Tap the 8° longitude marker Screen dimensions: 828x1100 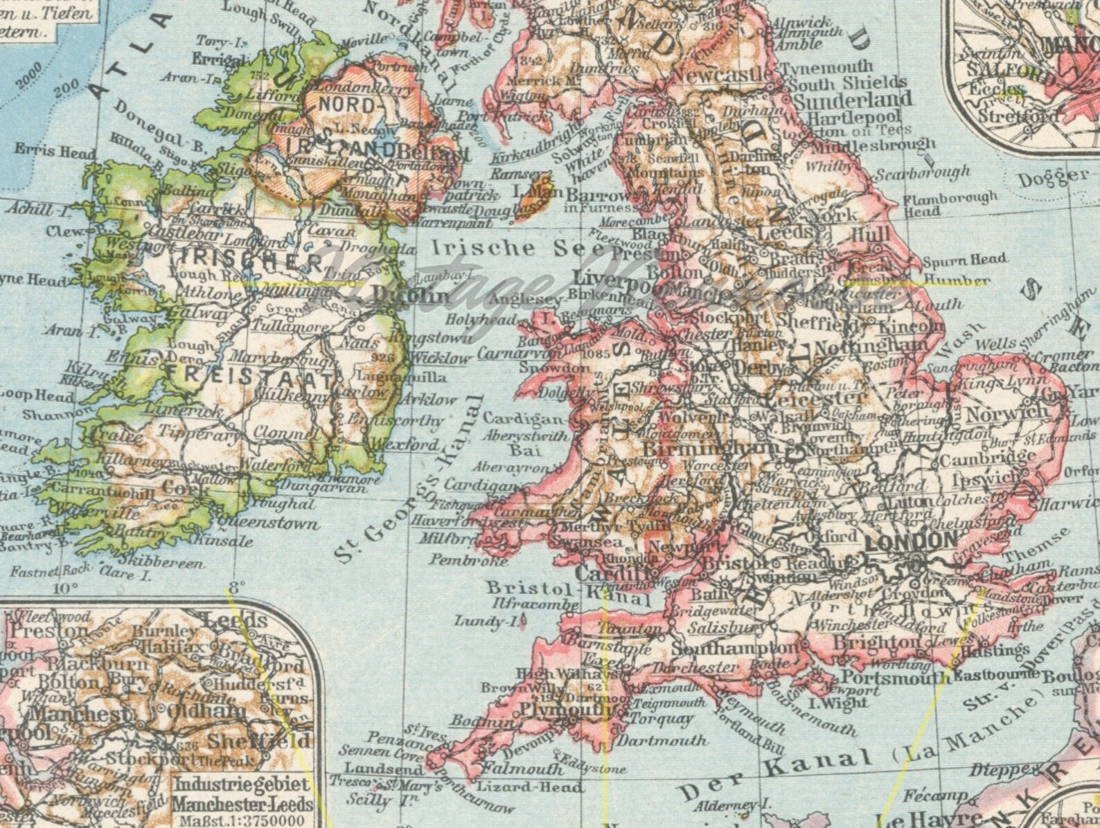click(x=238, y=587)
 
